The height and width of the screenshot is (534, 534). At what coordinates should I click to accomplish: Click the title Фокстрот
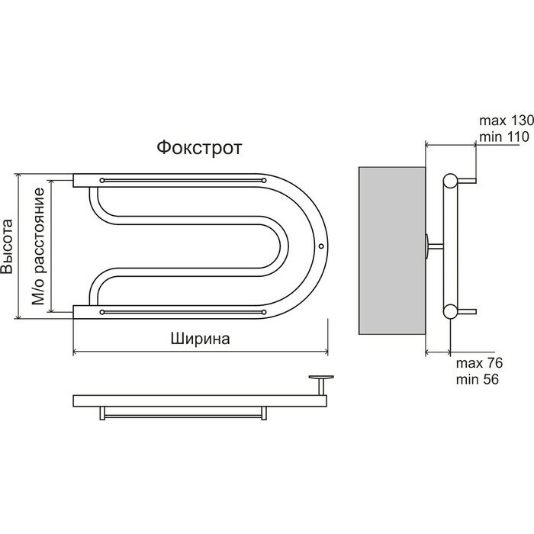coord(199,148)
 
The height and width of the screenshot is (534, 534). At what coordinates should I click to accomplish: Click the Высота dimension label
coord(7,246)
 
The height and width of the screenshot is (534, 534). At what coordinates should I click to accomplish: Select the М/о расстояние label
coord(38,246)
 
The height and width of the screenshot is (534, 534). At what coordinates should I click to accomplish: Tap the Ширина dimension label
coord(200,339)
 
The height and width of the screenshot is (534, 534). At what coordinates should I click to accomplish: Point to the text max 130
coord(507,121)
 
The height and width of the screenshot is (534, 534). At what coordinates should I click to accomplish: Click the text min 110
coord(504,137)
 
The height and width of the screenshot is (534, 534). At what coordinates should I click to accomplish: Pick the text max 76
coord(479,363)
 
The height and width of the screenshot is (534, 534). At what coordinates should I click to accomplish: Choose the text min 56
coord(477,379)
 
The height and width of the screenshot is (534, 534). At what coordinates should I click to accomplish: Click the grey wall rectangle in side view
coord(392,251)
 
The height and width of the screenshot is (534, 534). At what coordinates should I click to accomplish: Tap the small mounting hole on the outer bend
coord(321,246)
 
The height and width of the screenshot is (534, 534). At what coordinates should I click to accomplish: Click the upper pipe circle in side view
coord(451,181)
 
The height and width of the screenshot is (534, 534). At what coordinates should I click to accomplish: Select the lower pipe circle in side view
coord(451,311)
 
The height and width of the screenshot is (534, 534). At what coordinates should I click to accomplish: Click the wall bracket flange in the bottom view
coord(321,377)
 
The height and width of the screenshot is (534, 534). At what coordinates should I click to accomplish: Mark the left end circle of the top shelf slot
coord(101,180)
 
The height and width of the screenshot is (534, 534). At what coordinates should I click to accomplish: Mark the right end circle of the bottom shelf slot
coord(264,312)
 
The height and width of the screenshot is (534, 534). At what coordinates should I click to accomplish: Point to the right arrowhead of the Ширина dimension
coord(326,352)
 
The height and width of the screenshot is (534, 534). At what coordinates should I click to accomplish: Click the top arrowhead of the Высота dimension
coord(19,175)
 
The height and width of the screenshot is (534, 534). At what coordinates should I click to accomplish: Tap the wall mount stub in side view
coord(435,246)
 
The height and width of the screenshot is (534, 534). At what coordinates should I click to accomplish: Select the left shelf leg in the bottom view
coord(102,413)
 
